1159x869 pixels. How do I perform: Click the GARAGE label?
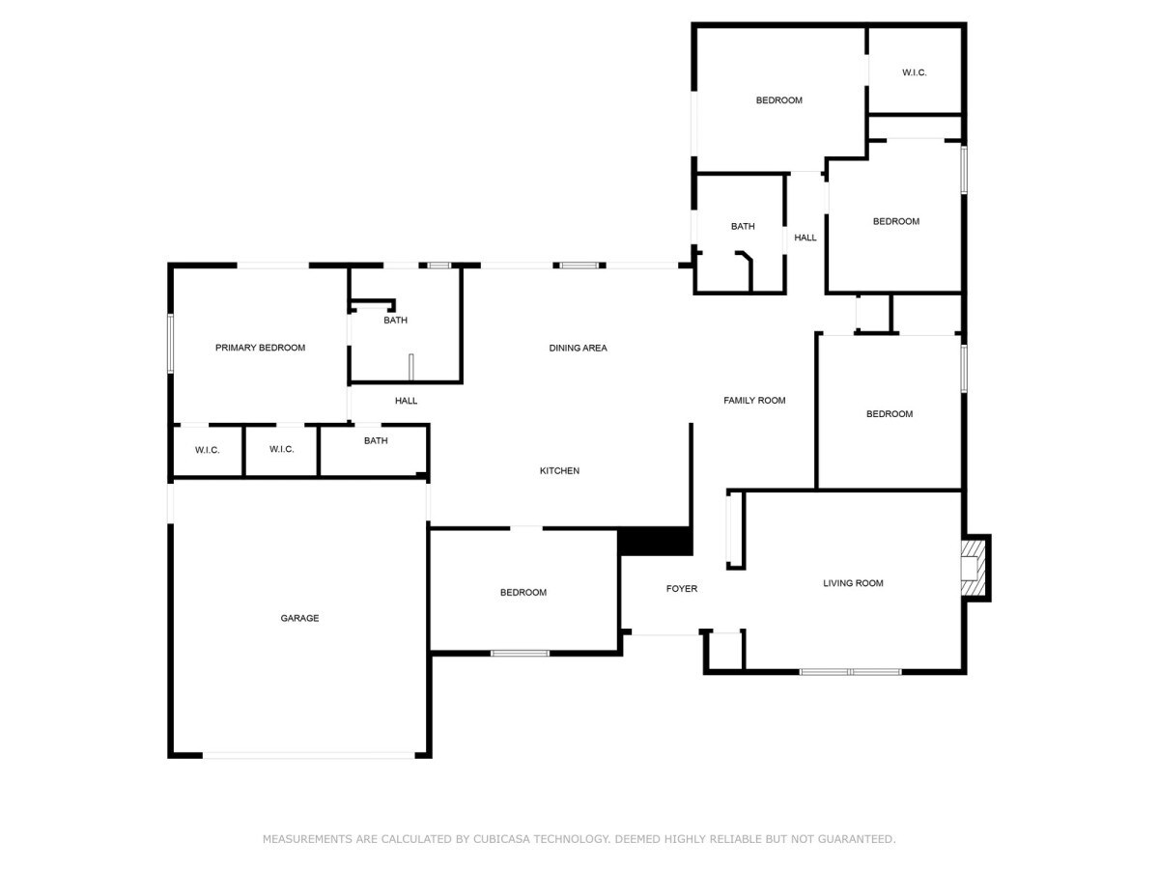[x=299, y=618]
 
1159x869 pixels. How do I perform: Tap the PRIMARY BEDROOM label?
[x=261, y=348]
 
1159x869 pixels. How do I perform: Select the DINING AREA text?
[x=578, y=348]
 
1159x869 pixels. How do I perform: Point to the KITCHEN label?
[x=559, y=470]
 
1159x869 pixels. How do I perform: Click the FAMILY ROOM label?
[x=754, y=401]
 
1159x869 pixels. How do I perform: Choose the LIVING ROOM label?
[x=853, y=583]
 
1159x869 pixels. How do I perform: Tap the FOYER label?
[x=681, y=588]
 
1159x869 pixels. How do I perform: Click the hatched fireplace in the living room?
[x=974, y=568]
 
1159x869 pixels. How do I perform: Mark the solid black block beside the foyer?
[x=655, y=541]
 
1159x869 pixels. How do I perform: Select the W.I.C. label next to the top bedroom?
[x=914, y=72]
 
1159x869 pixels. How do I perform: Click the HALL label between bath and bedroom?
[x=806, y=238]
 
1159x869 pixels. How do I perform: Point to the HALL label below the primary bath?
[x=406, y=401]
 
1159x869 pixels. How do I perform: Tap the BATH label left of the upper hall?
[x=743, y=226]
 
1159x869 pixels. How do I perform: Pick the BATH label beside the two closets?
[x=376, y=440]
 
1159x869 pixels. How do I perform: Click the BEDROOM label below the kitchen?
[x=523, y=593]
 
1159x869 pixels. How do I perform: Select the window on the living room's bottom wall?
[x=850, y=672]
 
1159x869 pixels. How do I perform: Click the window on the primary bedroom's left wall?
[x=171, y=344]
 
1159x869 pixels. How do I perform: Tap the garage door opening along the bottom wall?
[x=309, y=756]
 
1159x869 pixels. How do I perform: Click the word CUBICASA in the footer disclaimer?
[x=502, y=839]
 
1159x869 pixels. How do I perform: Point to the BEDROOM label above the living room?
[x=890, y=414]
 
